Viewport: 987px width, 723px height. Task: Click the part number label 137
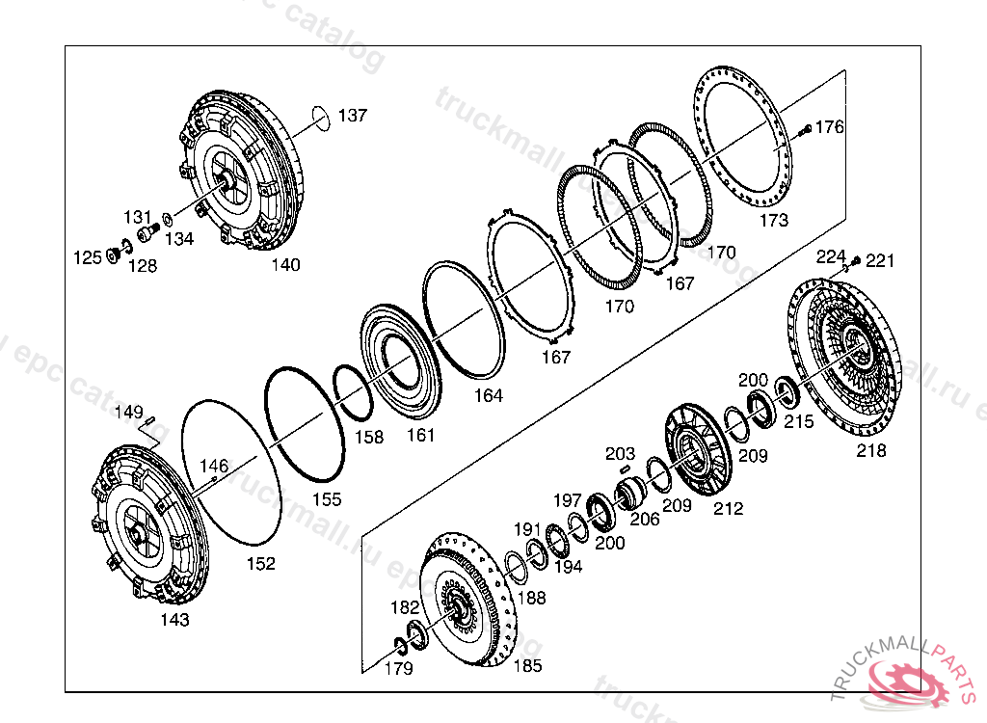point(353,116)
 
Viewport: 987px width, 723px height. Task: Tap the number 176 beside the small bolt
point(830,126)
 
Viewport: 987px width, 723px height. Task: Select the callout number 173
point(773,221)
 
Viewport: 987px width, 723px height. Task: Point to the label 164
point(488,395)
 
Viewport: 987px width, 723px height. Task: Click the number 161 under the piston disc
point(420,435)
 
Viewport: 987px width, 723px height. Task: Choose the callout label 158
point(368,437)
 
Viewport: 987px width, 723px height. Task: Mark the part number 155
point(327,499)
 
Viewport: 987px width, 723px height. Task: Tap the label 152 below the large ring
point(260,563)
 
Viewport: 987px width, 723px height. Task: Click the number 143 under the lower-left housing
point(174,620)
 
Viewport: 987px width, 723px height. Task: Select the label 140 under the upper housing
point(285,265)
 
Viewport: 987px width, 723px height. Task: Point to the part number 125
point(89,257)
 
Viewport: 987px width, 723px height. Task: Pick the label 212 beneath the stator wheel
point(729,508)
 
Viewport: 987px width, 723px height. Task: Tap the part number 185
point(526,665)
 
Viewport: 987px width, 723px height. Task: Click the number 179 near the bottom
point(398,668)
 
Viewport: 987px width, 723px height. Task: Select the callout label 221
point(880,260)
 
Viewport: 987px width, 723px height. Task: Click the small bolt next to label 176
point(806,128)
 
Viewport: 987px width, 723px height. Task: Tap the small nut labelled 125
point(112,254)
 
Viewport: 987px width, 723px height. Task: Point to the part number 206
point(644,520)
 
